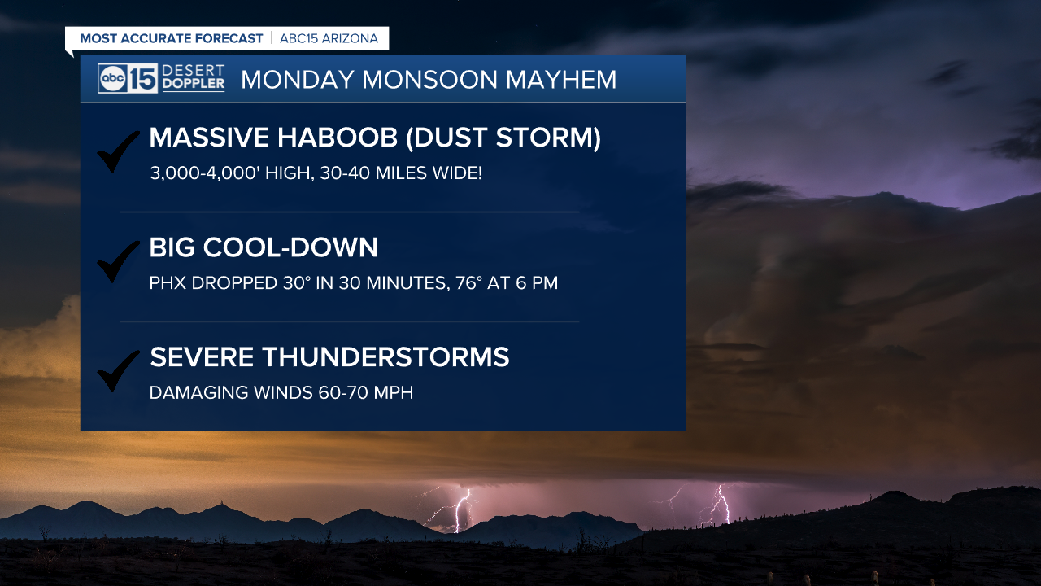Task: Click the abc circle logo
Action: tap(113, 78)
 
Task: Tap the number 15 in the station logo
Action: tap(142, 78)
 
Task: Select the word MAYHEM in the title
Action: tap(561, 80)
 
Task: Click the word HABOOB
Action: tap(338, 138)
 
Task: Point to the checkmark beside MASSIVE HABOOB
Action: tap(118, 151)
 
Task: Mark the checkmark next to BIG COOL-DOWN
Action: tap(118, 261)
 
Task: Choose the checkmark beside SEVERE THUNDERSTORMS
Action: tap(118, 371)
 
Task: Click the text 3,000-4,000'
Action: tap(204, 173)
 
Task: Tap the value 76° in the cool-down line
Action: tap(469, 282)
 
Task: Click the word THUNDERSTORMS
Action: tap(385, 357)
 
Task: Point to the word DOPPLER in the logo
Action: tap(194, 84)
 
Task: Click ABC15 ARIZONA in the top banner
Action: tap(329, 38)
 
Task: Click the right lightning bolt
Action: tap(720, 505)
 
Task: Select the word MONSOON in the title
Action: tap(429, 80)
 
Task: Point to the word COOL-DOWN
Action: tap(290, 247)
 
